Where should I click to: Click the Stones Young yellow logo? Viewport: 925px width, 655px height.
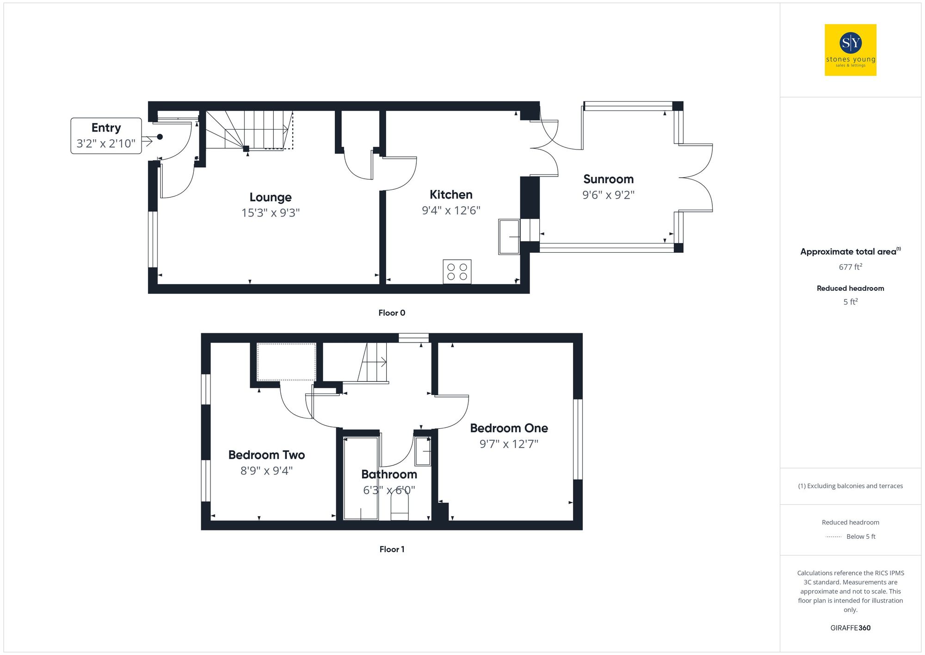[850, 50]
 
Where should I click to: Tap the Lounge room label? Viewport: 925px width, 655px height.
[271, 197]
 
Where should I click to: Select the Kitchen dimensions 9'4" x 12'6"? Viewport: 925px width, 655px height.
[451, 211]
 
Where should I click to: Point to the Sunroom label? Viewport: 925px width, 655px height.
[608, 179]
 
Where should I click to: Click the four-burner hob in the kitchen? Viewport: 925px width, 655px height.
[457, 272]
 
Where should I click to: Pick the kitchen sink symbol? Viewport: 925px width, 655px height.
[509, 237]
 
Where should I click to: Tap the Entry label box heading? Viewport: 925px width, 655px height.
[106, 128]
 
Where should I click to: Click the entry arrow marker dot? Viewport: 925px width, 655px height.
[160, 137]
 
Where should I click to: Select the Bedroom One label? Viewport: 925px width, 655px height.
[509, 428]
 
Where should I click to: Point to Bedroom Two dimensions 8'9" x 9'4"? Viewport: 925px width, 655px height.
[266, 471]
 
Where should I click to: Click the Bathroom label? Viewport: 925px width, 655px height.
[389, 474]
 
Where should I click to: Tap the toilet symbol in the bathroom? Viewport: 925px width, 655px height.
[400, 505]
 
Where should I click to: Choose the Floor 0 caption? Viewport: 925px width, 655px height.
[392, 313]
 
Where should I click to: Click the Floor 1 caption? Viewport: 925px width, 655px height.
[392, 549]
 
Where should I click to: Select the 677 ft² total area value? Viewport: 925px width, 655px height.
[850, 267]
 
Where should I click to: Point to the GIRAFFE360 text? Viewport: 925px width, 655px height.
[850, 628]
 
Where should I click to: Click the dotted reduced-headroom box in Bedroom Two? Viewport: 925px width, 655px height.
[286, 362]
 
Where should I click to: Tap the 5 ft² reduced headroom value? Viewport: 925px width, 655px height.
[850, 302]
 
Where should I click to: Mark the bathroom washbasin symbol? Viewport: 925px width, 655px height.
[423, 451]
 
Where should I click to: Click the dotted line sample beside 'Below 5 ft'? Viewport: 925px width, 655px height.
[833, 537]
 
